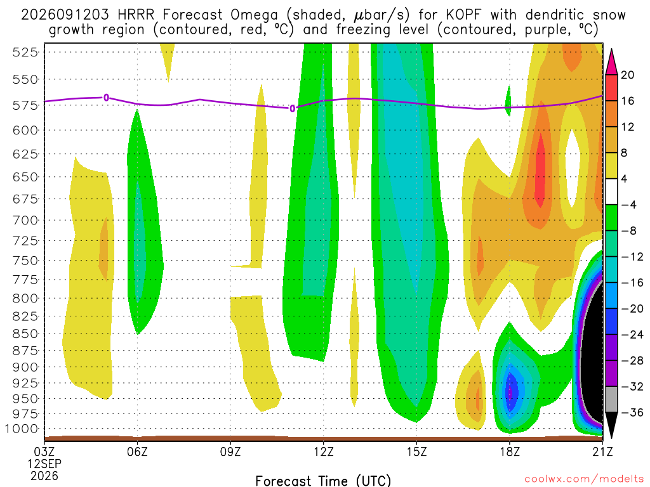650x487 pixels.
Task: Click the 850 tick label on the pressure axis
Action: click(25, 334)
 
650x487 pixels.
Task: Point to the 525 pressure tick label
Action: click(25, 52)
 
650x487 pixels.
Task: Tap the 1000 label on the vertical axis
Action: click(22, 429)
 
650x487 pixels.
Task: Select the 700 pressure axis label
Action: click(25, 220)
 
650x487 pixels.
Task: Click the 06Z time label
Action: click(137, 451)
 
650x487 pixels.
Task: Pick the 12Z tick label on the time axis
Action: click(323, 451)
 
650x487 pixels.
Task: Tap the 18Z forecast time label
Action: click(510, 451)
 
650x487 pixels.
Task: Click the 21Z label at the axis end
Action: click(602, 451)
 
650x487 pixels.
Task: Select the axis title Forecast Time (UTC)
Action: click(323, 481)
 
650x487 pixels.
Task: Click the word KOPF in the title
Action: click(463, 15)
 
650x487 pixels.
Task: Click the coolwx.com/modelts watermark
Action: click(584, 479)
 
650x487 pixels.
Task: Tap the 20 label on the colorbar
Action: click(627, 75)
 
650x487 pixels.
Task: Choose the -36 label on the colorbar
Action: click(632, 412)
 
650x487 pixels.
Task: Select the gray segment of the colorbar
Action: click(611, 399)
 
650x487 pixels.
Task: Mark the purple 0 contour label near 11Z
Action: click(292, 108)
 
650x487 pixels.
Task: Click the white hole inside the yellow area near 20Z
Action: click(573, 168)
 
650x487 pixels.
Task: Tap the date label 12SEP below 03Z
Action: click(44, 464)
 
